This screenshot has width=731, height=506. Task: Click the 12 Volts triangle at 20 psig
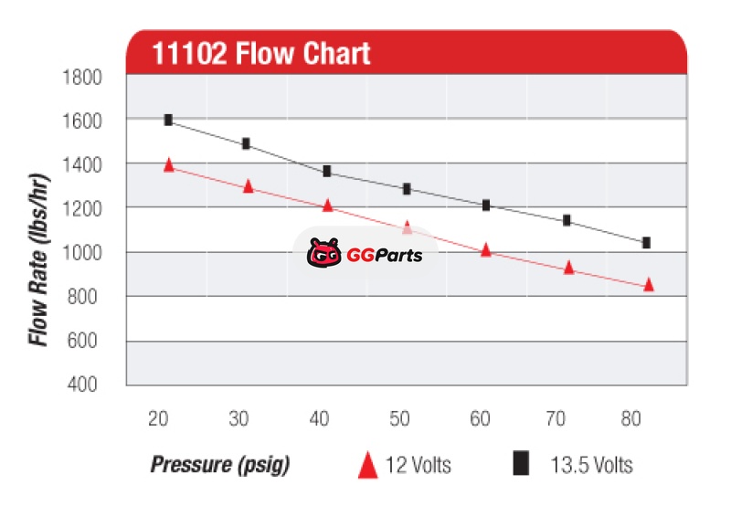(x=168, y=164)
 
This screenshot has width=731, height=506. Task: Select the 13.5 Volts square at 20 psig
(x=168, y=120)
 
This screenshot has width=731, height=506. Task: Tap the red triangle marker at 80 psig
(x=649, y=284)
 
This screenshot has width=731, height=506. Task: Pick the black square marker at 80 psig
(x=646, y=243)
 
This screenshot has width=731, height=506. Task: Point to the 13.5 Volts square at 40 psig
(x=327, y=171)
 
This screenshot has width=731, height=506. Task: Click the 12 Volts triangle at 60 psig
(x=486, y=248)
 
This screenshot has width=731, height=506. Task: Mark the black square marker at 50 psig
(x=407, y=189)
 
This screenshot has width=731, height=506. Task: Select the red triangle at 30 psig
(x=248, y=186)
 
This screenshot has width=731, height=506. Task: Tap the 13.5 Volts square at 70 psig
(x=567, y=220)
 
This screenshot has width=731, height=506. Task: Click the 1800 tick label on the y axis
(x=81, y=77)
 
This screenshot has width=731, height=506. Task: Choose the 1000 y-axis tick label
(x=81, y=252)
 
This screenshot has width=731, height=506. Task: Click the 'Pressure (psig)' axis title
(x=219, y=465)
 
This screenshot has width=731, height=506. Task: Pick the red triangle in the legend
(x=367, y=465)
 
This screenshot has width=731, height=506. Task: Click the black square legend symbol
(x=521, y=464)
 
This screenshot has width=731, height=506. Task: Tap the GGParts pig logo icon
(x=323, y=254)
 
